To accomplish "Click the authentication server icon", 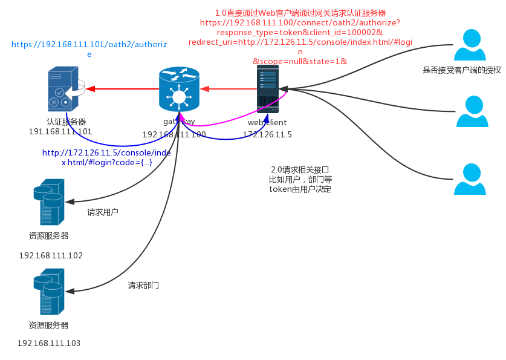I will pyautogui.click(x=63, y=89).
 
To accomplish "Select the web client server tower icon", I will pyautogui.click(x=267, y=89).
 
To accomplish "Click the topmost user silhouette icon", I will pyautogui.click(x=470, y=45).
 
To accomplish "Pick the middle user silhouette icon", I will pyautogui.click(x=472, y=112).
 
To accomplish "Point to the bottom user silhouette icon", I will pyautogui.click(x=470, y=179).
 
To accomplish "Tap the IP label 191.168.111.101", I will pyautogui.click(x=60, y=131).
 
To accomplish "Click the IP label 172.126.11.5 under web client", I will pyautogui.click(x=267, y=134).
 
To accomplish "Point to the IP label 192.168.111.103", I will pyautogui.click(x=49, y=343).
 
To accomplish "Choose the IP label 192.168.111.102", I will pyautogui.click(x=51, y=255).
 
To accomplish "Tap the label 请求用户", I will pyautogui.click(x=103, y=212).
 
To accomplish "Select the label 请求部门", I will pyautogui.click(x=143, y=285).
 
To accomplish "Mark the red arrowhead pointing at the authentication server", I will pyautogui.click(x=91, y=88).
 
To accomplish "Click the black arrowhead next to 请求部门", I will pyautogui.click(x=70, y=291).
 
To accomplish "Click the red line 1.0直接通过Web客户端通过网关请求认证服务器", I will pyautogui.click(x=300, y=13).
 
